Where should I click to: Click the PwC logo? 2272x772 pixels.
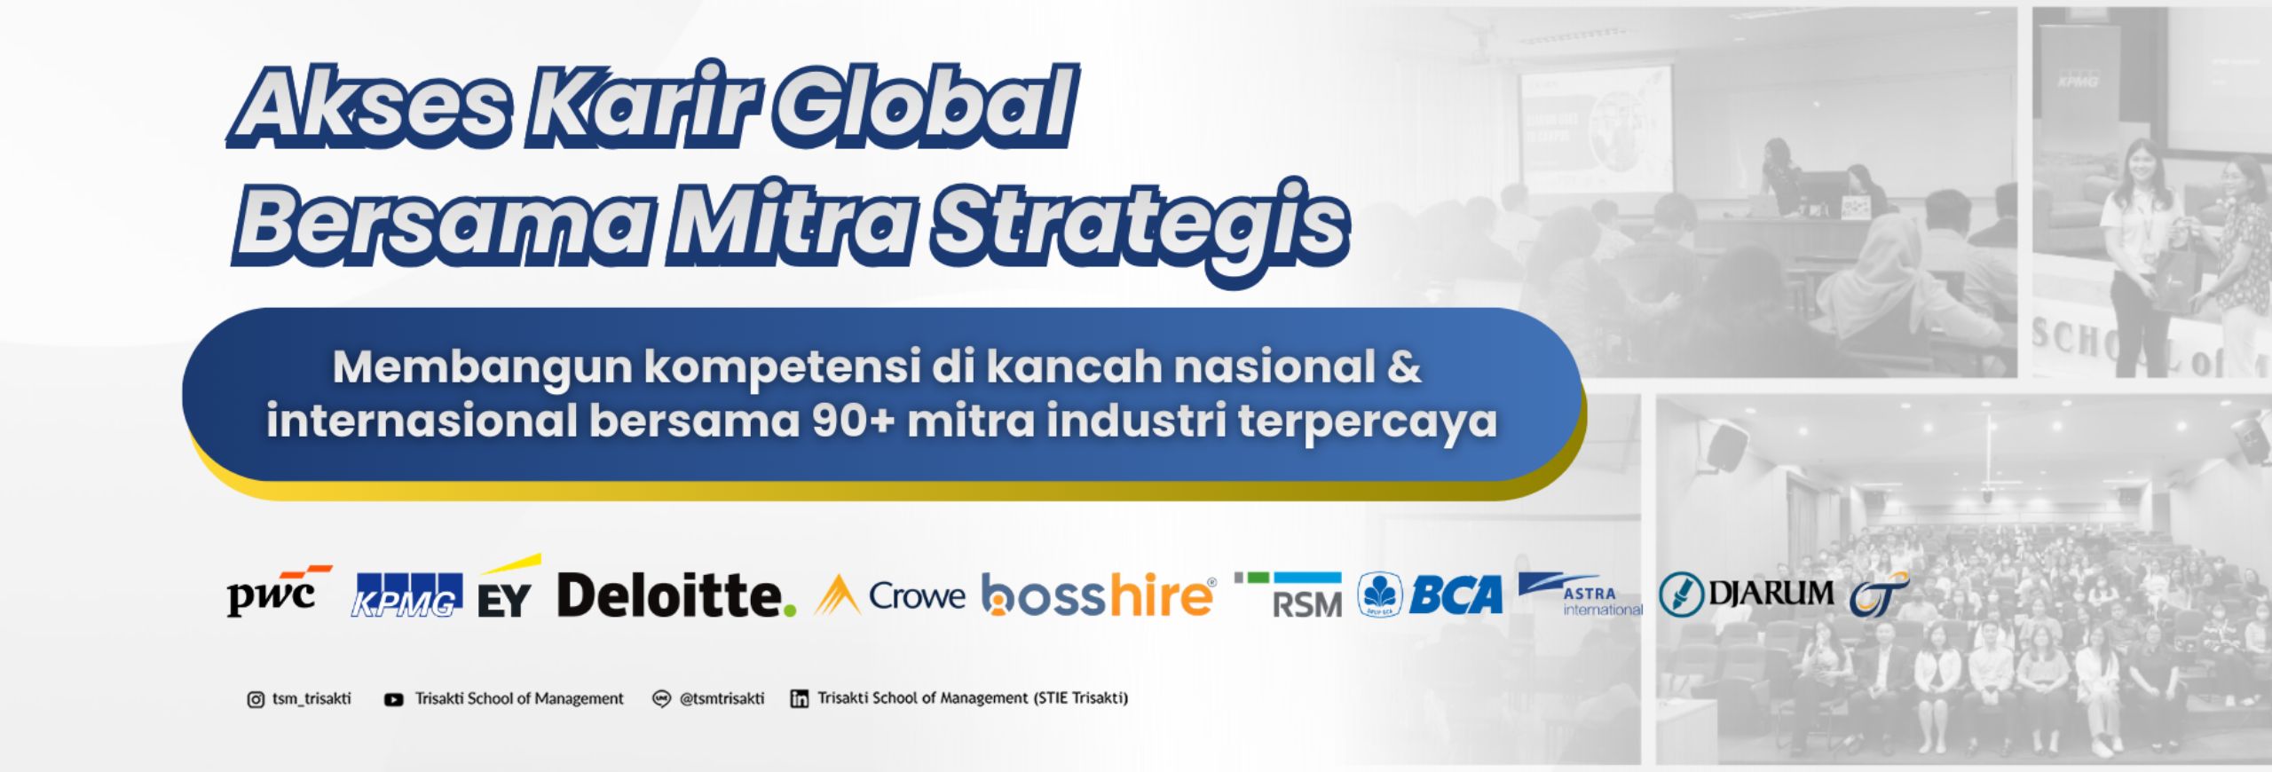279,589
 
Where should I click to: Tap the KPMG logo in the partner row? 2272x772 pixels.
408,595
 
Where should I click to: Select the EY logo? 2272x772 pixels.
508,587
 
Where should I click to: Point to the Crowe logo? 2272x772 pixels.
889,595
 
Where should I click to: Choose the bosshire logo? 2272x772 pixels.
1099,595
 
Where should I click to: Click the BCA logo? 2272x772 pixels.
1430,595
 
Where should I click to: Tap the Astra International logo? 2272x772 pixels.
1581,595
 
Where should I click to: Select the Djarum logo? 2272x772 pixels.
1746,594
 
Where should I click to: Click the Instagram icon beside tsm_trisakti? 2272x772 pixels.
256,699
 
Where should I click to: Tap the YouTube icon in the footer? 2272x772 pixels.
393,699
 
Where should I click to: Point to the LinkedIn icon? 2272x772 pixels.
800,699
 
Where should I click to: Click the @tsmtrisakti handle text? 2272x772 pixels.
722,698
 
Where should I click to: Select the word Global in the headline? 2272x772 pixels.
923,110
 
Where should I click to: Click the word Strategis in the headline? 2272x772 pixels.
1141,225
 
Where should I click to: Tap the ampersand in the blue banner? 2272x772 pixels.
1404,367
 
